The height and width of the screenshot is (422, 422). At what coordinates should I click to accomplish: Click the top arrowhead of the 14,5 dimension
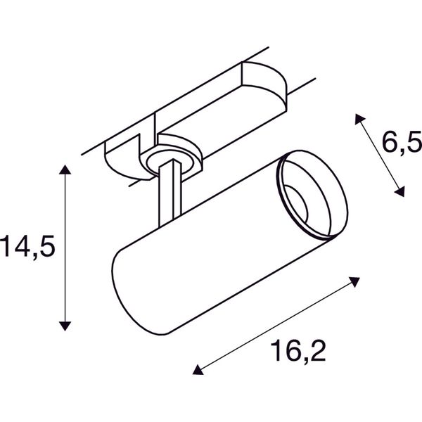tap(65, 170)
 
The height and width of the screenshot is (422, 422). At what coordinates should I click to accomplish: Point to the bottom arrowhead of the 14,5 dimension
tap(65, 326)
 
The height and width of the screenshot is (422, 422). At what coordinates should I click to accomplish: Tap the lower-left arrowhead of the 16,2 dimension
tap(198, 370)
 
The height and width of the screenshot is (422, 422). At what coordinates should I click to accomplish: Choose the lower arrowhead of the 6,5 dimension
tap(399, 191)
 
